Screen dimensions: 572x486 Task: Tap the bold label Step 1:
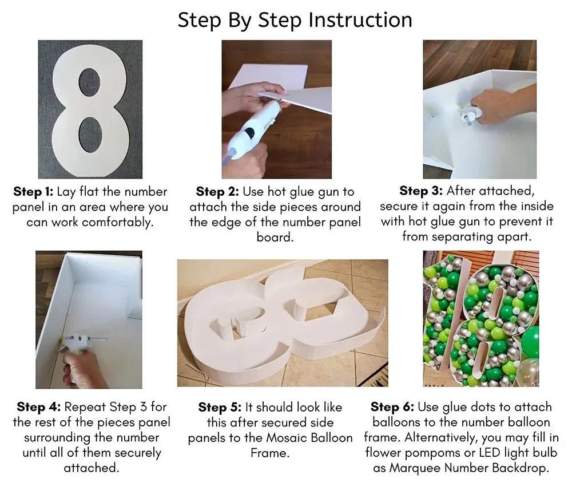33,192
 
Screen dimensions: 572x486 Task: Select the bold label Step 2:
217,192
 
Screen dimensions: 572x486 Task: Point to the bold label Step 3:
421,191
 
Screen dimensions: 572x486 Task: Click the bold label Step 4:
39,407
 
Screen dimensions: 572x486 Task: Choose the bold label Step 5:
220,407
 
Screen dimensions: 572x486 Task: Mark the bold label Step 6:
392,407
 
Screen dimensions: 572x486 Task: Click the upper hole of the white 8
90,81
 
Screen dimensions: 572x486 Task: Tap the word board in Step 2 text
275,238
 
